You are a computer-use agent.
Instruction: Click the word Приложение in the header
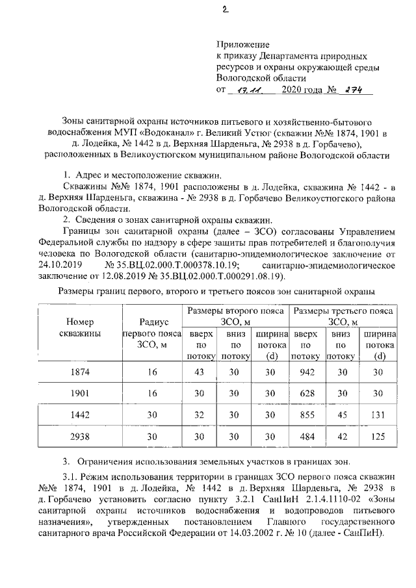[x=242, y=45]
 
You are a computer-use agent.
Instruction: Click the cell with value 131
[x=380, y=415]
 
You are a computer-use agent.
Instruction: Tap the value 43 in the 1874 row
[x=200, y=372]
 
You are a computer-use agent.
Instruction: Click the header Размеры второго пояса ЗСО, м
[x=235, y=316]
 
